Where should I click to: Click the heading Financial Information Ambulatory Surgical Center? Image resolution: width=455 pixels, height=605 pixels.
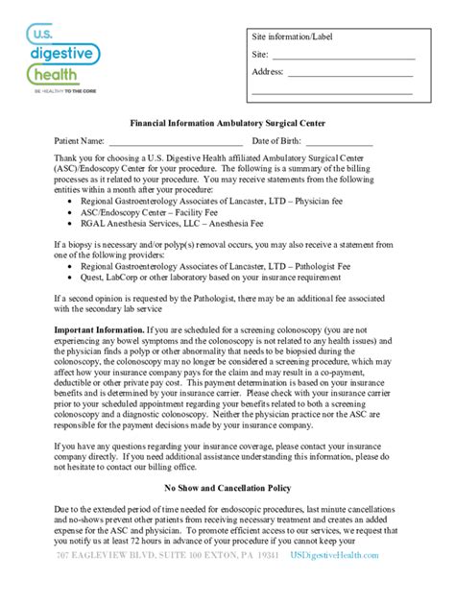[227, 123]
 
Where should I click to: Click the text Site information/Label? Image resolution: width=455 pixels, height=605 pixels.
[294, 36]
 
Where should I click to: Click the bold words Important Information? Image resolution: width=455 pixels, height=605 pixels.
[96, 329]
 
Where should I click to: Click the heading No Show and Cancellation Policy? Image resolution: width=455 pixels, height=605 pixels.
[227, 488]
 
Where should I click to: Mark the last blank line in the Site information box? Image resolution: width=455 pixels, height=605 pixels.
[332, 93]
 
